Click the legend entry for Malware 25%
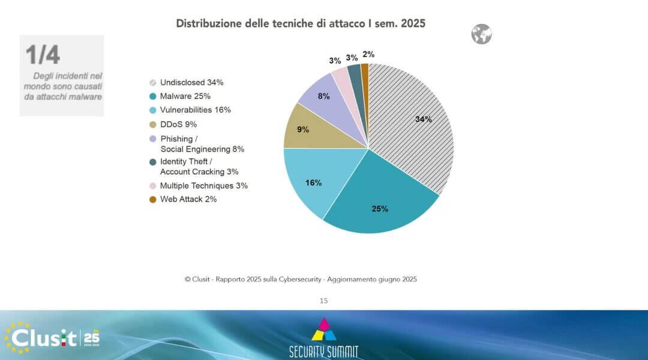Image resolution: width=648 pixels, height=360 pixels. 185,96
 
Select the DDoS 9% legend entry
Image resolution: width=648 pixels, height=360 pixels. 178,124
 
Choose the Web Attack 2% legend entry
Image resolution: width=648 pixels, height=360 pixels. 188,199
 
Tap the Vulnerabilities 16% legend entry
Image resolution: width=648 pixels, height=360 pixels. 195,110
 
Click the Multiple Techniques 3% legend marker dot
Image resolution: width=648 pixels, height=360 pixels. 153,186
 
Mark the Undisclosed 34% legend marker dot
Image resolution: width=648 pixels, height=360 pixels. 153,82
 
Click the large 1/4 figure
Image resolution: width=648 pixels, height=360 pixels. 43,55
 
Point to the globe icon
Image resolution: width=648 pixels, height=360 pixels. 481,34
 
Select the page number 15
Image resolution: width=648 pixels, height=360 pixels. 324,301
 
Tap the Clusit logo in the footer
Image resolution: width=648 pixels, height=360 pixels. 52,337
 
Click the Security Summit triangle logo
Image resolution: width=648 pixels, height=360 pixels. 324,330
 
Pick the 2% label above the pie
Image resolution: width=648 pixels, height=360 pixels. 368,55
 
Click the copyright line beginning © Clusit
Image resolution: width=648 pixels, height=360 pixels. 301,279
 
